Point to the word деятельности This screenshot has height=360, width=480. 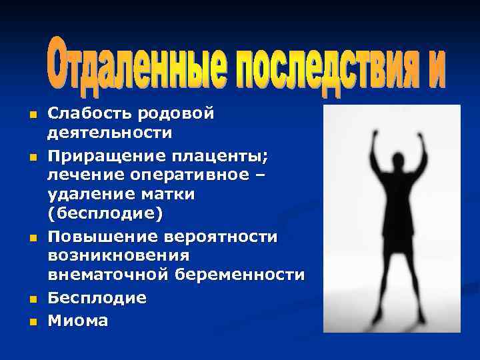(109, 133)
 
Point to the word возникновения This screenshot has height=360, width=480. (118, 255)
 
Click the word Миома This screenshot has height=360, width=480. (77, 321)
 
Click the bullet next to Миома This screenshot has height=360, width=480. (31, 323)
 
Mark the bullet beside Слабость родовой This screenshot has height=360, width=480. (31, 115)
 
